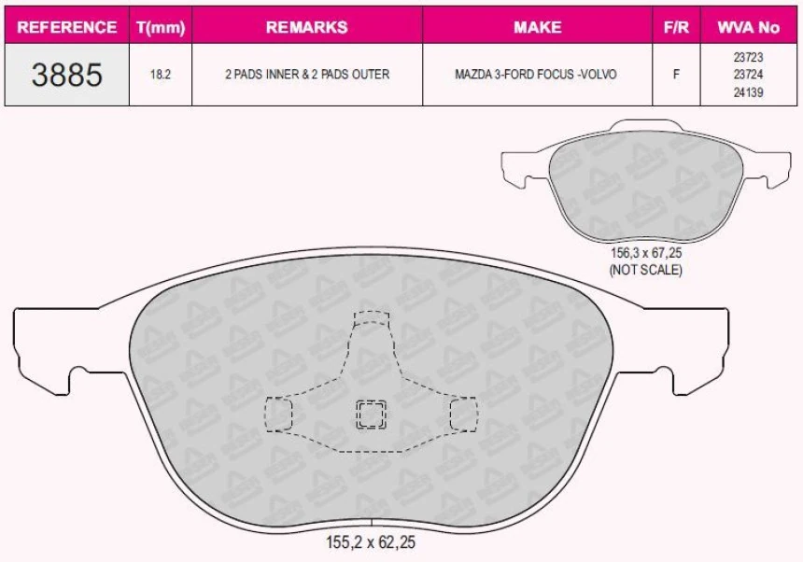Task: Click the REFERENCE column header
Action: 66,27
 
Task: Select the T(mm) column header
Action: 161,27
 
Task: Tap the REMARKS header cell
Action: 306,27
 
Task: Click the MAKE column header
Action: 537,27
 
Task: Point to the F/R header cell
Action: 675,27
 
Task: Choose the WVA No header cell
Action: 748,27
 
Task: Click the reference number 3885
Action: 66,74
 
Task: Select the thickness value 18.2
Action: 161,74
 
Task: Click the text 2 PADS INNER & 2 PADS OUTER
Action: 306,74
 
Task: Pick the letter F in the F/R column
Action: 675,74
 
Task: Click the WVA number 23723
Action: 748,57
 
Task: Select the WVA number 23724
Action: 748,74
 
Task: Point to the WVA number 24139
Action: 748,91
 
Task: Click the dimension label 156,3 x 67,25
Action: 645,253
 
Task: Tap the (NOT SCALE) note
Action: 645,270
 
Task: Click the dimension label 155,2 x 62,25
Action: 371,541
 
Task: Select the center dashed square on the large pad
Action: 372,414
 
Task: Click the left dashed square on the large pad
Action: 278,414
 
